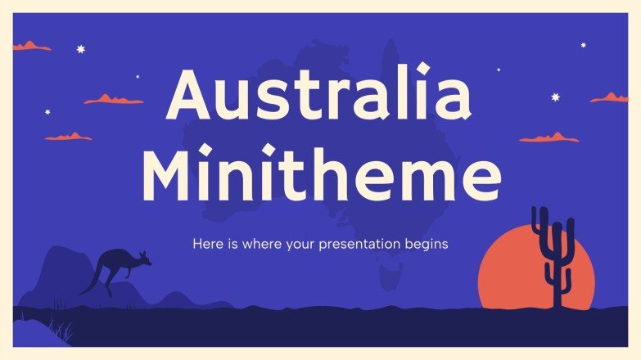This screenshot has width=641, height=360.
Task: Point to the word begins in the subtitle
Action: (426, 244)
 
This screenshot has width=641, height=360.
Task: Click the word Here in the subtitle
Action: (206, 244)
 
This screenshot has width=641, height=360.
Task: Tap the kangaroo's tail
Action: (88, 286)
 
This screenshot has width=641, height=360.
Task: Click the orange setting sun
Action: (516, 274)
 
